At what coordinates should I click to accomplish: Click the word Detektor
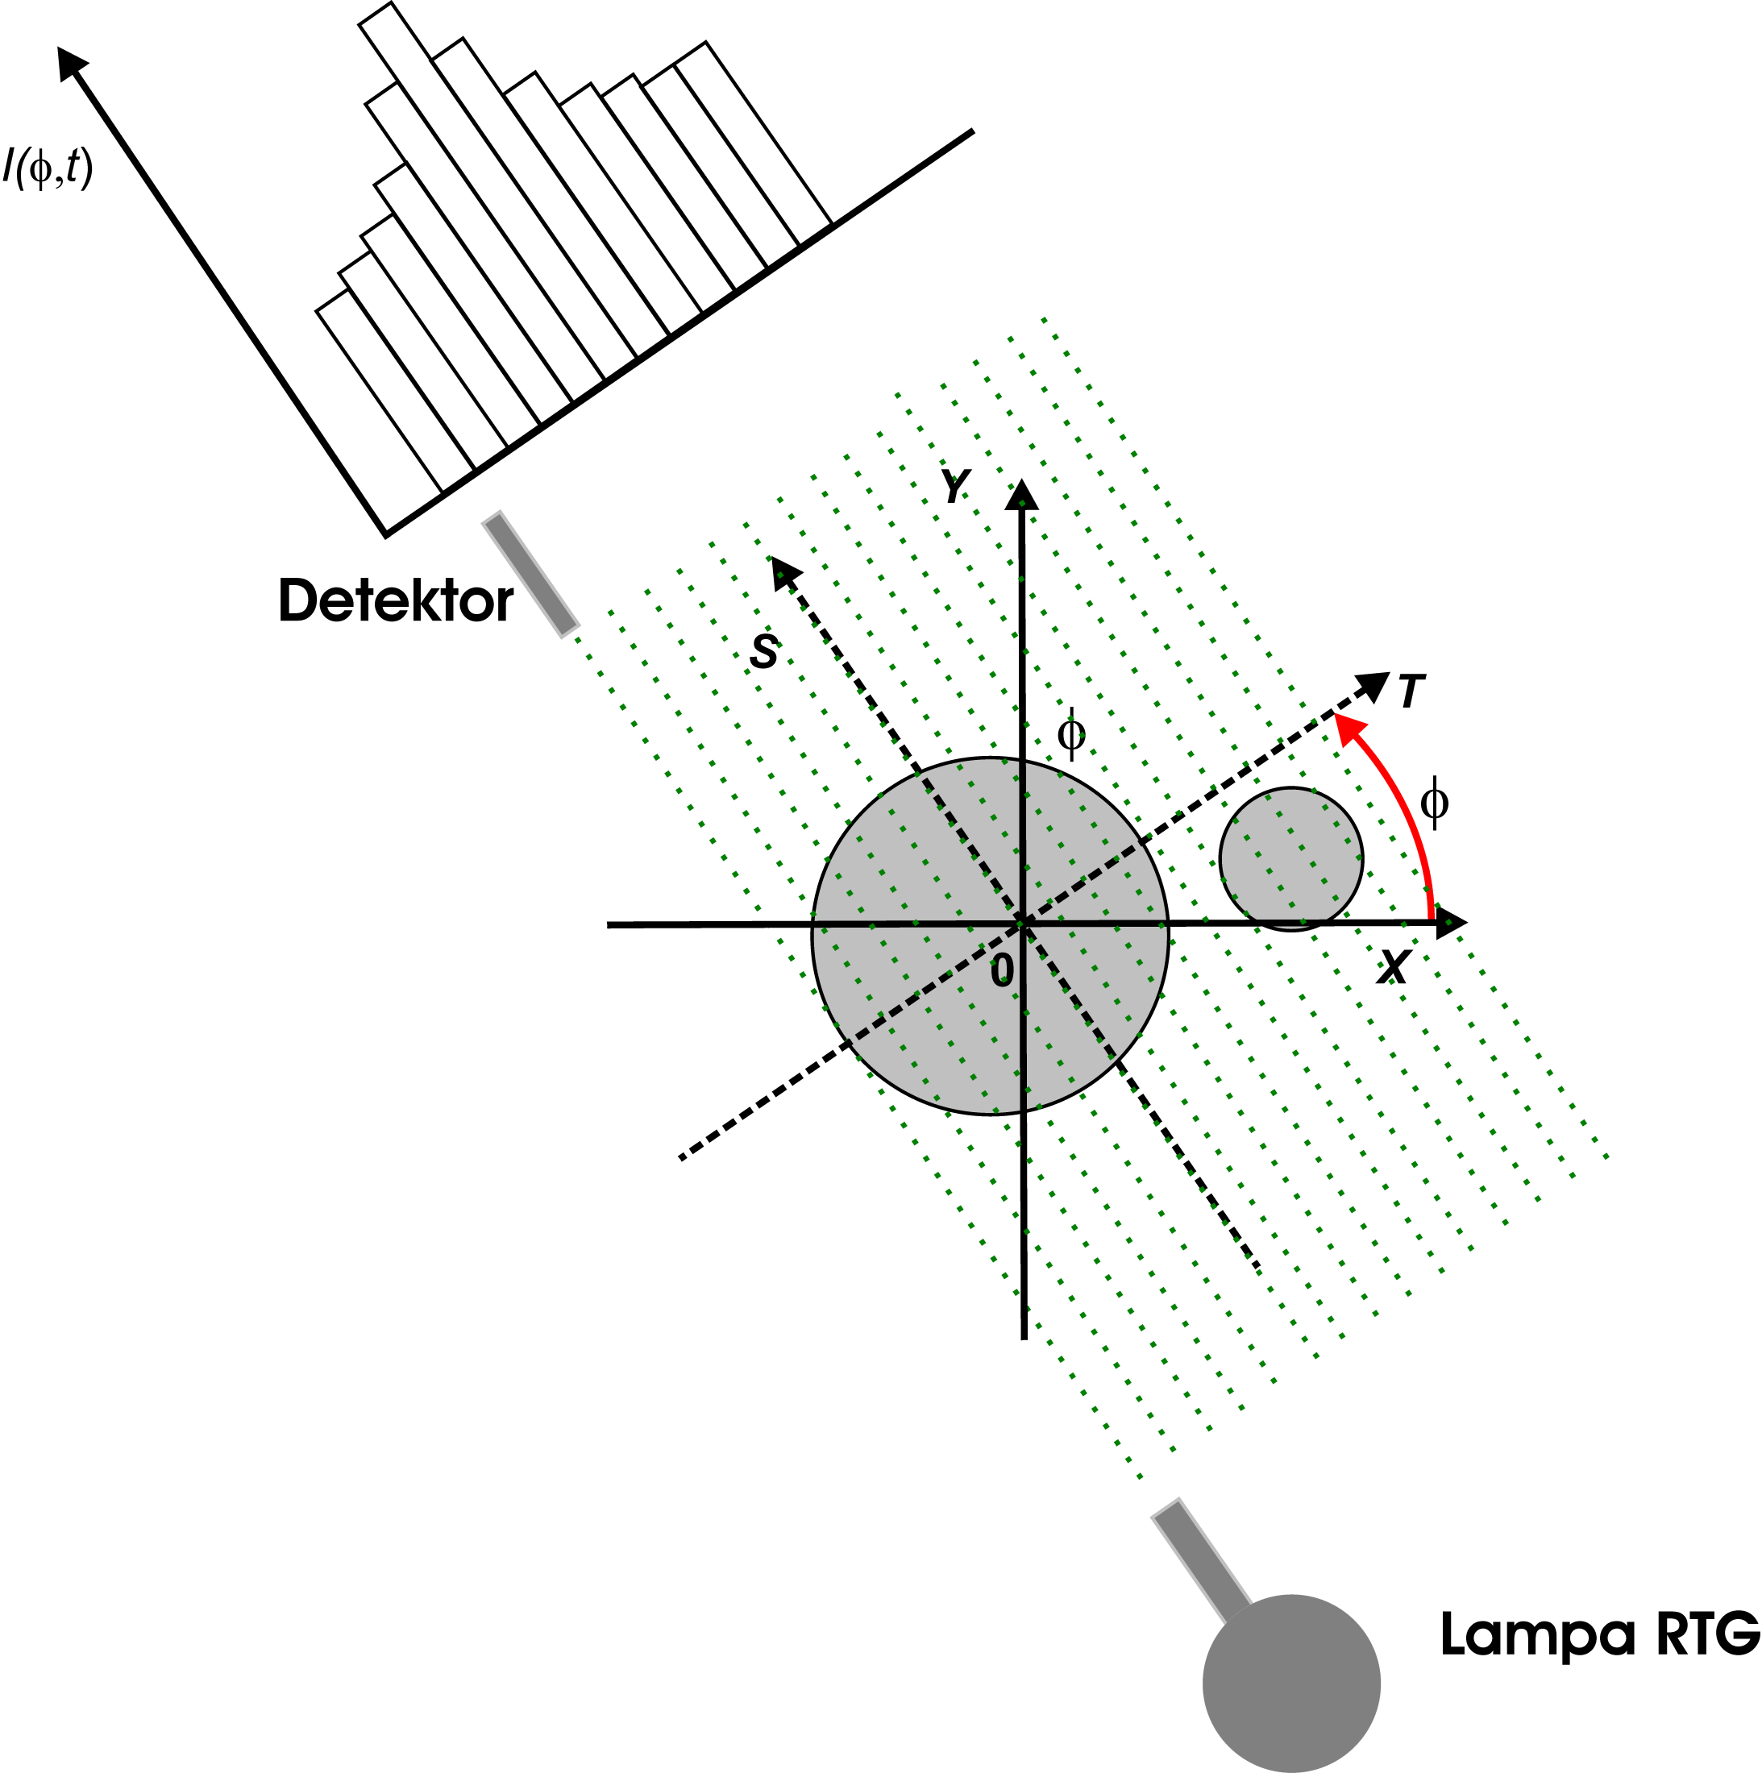click(x=396, y=601)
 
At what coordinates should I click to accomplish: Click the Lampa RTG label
click(x=1599, y=1634)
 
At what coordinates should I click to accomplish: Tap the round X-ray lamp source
click(x=1290, y=1683)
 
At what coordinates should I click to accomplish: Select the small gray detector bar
click(x=530, y=575)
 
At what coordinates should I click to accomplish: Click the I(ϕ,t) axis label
click(x=48, y=168)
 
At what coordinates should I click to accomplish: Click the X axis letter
click(x=1392, y=966)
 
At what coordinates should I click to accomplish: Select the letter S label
click(x=763, y=651)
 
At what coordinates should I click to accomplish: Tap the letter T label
click(x=1411, y=692)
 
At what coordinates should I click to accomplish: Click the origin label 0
click(x=1002, y=970)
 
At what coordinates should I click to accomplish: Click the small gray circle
click(x=1290, y=858)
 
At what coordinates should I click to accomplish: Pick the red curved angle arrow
click(x=1399, y=798)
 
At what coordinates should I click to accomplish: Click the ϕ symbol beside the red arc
click(x=1433, y=803)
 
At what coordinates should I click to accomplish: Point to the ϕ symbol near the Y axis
click(x=1071, y=733)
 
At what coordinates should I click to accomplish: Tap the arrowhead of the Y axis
click(x=1021, y=496)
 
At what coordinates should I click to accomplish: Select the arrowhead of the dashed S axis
click(x=783, y=571)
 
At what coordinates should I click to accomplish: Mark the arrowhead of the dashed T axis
click(x=1373, y=686)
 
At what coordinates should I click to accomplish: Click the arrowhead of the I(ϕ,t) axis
click(x=71, y=62)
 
